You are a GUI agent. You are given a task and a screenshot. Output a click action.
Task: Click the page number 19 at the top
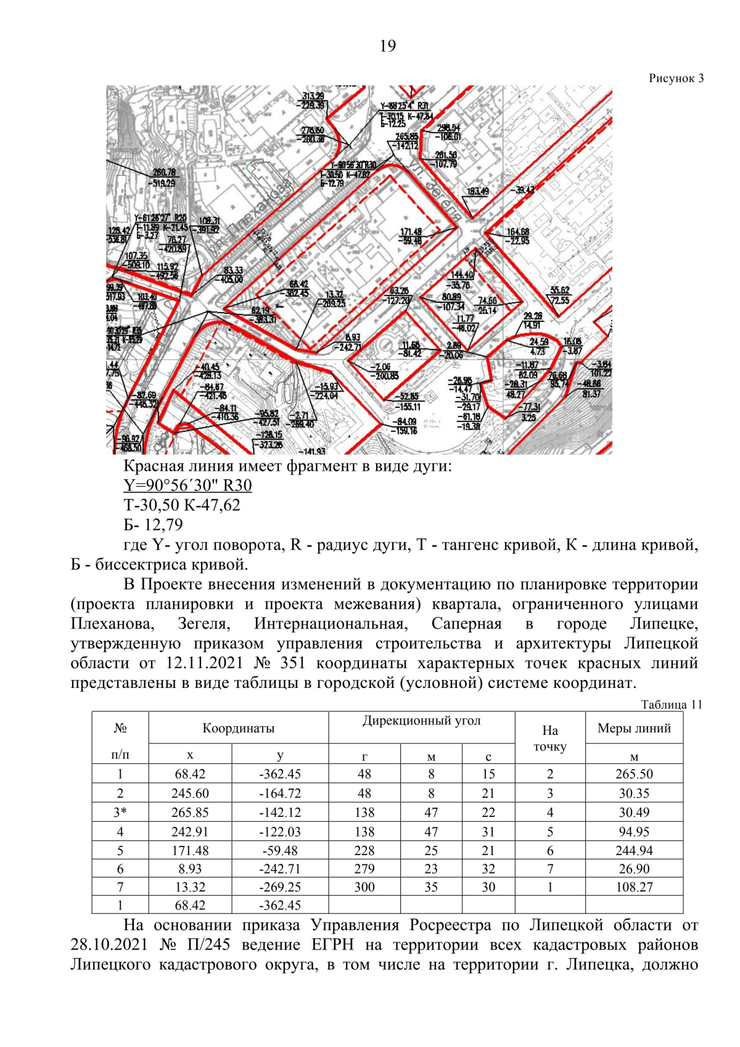[x=387, y=46]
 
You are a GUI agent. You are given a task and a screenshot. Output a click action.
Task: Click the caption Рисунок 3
[x=676, y=78]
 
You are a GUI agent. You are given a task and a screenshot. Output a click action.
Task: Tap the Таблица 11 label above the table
[x=671, y=705]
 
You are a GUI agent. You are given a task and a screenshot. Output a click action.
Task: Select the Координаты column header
[x=238, y=728]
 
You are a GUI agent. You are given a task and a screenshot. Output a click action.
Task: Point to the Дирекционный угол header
[x=421, y=721]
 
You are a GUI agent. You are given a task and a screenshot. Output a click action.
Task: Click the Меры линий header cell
[x=634, y=728]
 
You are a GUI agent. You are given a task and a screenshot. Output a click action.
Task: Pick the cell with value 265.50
[x=634, y=774]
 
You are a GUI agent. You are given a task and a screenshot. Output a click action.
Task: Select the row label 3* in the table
[x=120, y=813]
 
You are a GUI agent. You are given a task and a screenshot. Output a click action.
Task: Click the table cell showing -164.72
[x=280, y=793]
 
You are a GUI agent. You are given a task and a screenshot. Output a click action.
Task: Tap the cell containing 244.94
[x=634, y=851]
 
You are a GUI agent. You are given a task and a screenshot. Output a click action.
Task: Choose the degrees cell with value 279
[x=364, y=869]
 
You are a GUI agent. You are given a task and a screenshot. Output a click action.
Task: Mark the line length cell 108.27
[x=634, y=887]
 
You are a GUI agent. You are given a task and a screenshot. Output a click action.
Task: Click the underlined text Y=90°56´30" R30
[x=187, y=486]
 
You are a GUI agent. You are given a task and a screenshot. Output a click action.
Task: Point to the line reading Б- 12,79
[x=153, y=525]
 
